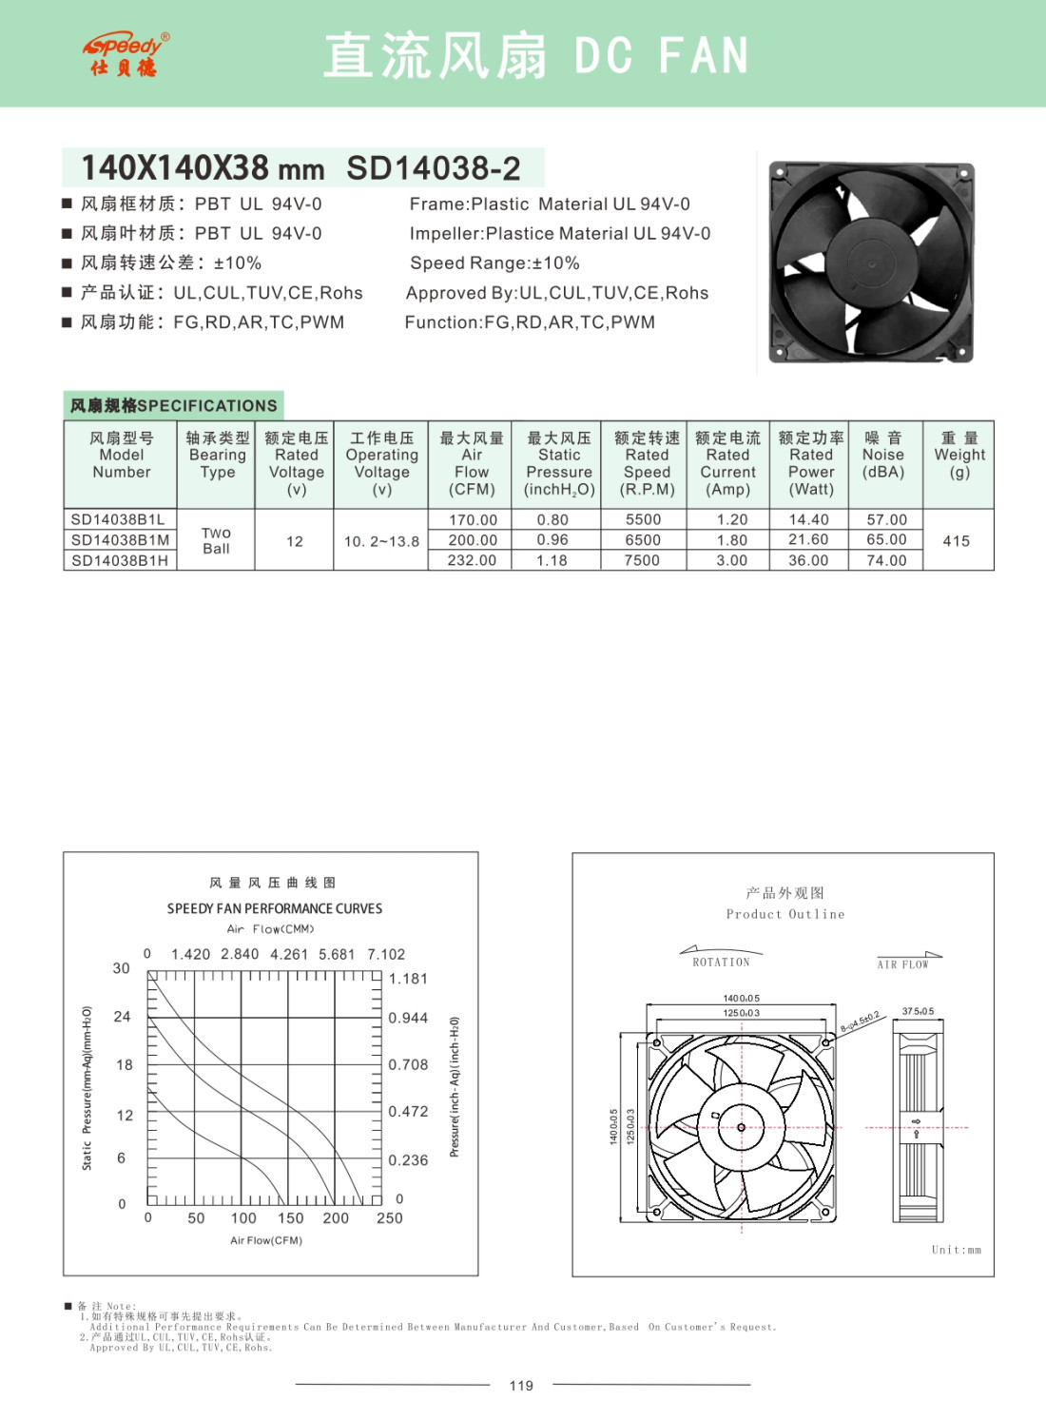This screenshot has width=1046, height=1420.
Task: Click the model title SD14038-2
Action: tap(433, 168)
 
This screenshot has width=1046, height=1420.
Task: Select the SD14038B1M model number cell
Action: tap(120, 540)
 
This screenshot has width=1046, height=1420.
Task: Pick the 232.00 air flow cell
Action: tap(472, 560)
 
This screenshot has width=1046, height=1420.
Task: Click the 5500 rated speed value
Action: tap(643, 519)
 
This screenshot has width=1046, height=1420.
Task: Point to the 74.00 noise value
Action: tap(886, 560)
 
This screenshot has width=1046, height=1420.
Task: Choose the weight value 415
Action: tap(956, 541)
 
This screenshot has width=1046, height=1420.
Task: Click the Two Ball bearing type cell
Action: tap(216, 540)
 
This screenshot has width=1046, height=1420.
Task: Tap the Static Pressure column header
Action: tap(559, 463)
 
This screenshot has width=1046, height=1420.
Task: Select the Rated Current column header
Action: tap(727, 463)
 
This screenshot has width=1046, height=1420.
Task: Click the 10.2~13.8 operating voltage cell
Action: tap(381, 541)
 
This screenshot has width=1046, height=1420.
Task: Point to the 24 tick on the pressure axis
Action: tap(122, 1017)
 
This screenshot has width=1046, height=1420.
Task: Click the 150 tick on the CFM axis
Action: tap(290, 1218)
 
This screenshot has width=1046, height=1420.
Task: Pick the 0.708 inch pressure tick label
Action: tap(408, 1064)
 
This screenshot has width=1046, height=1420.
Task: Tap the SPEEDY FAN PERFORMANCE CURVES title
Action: tap(275, 908)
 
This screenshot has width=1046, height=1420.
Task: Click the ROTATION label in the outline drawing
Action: tap(721, 963)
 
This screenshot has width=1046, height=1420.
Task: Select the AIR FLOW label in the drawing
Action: tap(902, 964)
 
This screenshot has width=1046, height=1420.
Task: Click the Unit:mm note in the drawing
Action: tap(956, 1250)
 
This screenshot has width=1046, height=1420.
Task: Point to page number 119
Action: tap(521, 1385)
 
